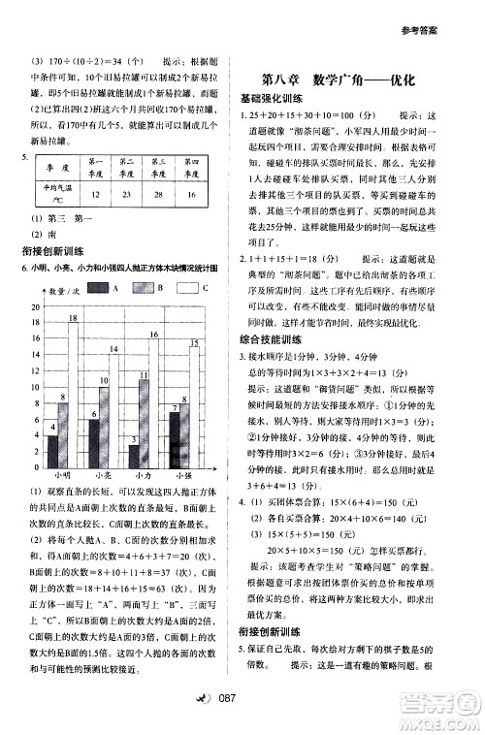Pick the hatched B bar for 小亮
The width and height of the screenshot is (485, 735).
[x=104, y=427]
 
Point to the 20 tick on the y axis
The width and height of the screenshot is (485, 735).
[x=37, y=306]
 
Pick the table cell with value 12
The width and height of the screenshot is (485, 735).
[x=96, y=194]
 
